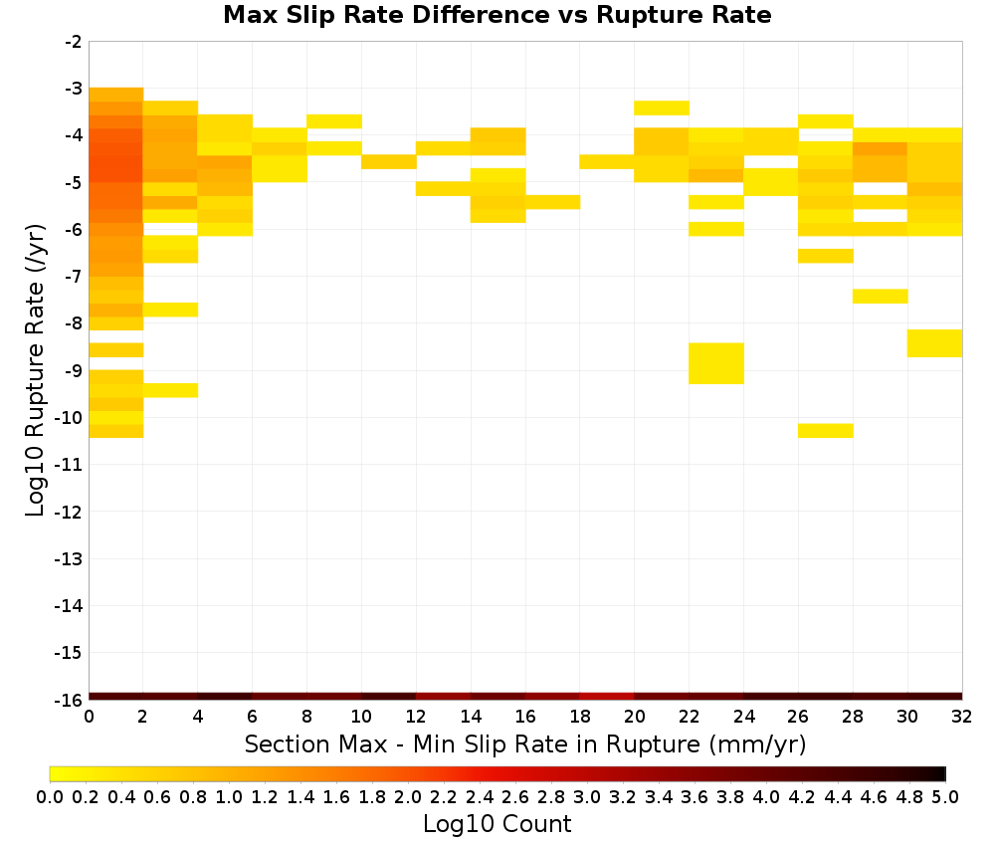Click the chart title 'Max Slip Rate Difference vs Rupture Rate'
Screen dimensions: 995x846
coord(497,15)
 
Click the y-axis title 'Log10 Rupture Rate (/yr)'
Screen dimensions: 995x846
coord(36,370)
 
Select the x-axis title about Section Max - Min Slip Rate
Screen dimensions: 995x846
coord(524,744)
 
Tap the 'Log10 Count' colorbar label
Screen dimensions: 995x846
coord(497,824)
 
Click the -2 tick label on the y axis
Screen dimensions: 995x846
coord(73,42)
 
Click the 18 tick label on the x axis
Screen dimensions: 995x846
coord(579,717)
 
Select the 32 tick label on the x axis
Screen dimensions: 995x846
coord(961,717)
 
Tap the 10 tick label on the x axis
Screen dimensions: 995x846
coord(361,717)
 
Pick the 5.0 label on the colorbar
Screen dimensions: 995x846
coord(945,796)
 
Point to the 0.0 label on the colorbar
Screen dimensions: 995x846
coord(50,796)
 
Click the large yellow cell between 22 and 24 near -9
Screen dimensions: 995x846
coord(716,363)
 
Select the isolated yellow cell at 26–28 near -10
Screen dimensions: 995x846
coord(826,430)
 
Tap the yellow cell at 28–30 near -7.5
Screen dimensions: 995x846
coord(881,296)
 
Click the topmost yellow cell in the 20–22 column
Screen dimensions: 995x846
coord(662,107)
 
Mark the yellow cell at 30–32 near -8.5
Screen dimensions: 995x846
coord(934,343)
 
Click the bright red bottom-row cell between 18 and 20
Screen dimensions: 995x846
coord(607,697)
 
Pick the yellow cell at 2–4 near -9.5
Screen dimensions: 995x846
coord(171,390)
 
